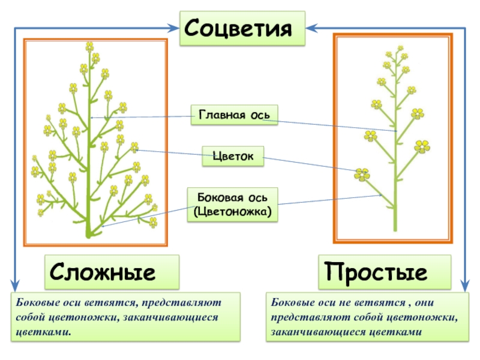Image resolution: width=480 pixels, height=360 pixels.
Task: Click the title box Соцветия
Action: click(242, 28)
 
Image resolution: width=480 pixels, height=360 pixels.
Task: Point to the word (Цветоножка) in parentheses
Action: click(233, 211)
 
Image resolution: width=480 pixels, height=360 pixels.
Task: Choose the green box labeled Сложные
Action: click(111, 273)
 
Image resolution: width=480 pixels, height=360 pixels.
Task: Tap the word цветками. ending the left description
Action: click(45, 331)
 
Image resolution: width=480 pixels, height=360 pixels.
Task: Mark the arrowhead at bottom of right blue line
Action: click(466, 286)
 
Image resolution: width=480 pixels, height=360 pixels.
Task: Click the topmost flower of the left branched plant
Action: click(89, 46)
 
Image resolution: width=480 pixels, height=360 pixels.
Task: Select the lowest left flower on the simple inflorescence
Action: click(362, 175)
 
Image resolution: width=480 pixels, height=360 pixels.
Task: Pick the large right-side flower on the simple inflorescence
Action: click(422, 146)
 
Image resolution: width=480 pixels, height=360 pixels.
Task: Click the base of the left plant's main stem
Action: click(89, 233)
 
